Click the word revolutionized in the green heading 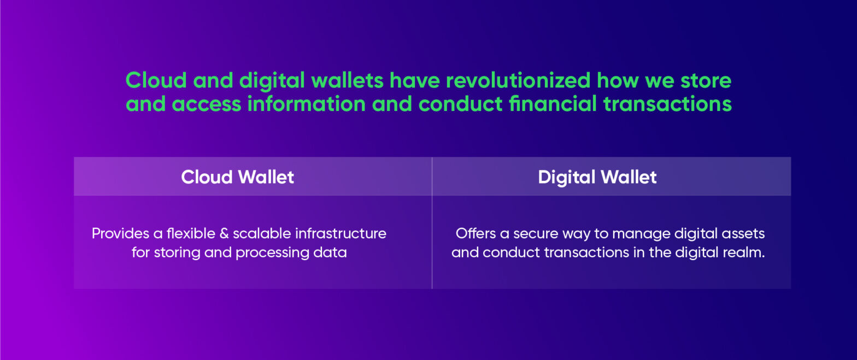pos(518,81)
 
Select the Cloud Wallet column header pos(238,177)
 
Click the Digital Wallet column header pos(597,177)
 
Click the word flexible pos(189,234)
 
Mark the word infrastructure pos(341,234)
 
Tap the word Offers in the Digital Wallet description pos(474,234)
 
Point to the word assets pos(745,234)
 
